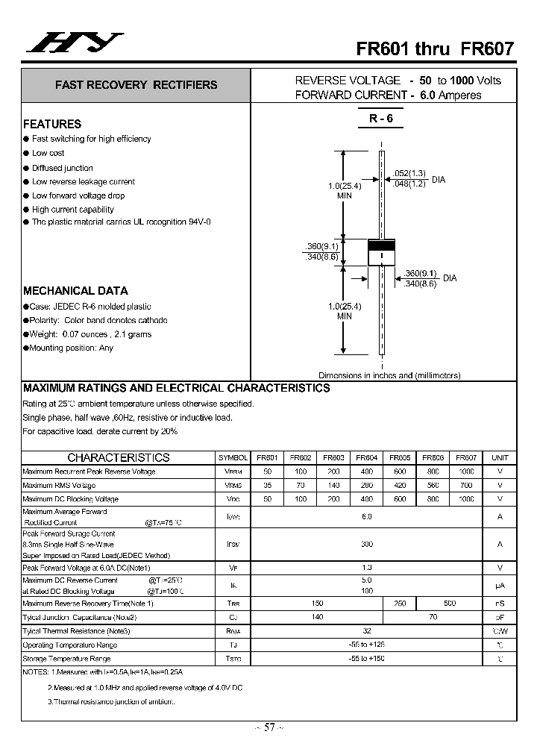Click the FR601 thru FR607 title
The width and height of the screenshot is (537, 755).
[435, 49]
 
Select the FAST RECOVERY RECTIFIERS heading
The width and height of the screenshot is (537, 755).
[136, 85]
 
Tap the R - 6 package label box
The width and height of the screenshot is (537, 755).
[380, 119]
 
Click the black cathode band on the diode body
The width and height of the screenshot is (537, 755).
[381, 246]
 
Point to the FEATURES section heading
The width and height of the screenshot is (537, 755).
[52, 124]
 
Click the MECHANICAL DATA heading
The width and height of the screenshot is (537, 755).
[75, 291]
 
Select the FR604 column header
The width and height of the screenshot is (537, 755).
[366, 458]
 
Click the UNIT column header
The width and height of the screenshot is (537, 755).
[500, 458]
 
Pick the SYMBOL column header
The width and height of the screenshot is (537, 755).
[233, 458]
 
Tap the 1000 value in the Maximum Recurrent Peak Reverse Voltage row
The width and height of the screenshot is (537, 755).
[465, 472]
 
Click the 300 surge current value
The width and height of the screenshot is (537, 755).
[366, 545]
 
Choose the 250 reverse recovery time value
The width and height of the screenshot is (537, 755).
[400, 604]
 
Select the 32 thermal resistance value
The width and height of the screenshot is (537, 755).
[366, 631]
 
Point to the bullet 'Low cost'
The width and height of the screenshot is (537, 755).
[48, 153]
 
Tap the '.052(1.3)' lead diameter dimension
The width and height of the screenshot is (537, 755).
[409, 173]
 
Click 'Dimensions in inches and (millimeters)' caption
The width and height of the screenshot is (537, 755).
[389, 375]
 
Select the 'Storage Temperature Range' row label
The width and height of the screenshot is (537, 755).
[66, 659]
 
